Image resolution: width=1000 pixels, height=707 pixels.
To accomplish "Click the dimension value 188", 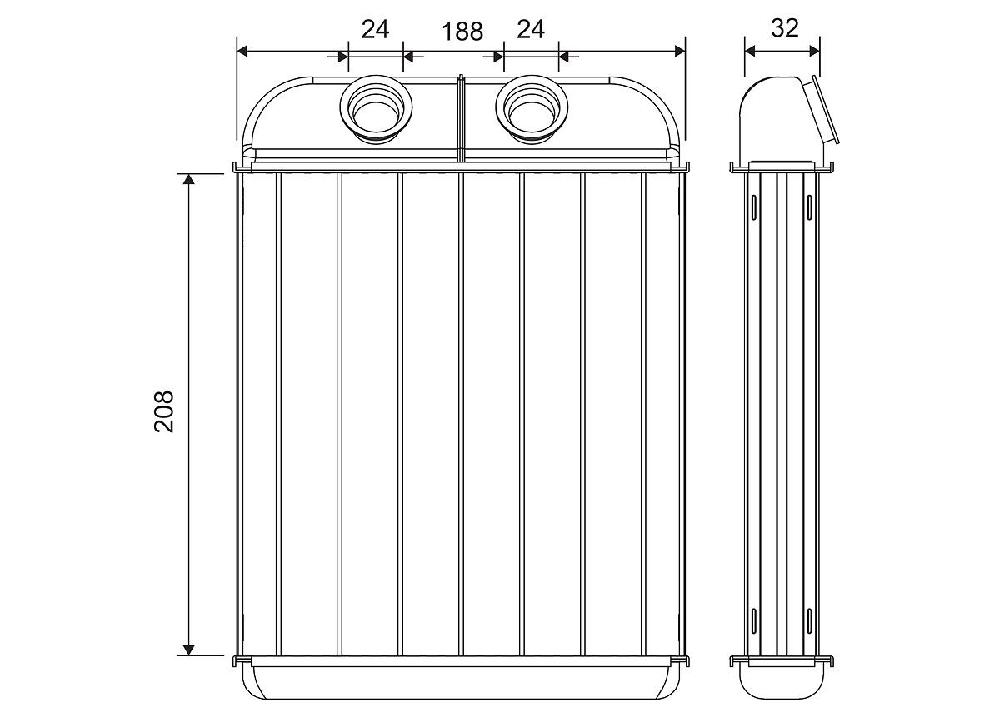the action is pyautogui.click(x=462, y=32).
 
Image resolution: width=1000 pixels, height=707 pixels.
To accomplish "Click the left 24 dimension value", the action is pyautogui.click(x=375, y=29).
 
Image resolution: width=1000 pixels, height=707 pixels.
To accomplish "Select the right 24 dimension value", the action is pyautogui.click(x=531, y=29).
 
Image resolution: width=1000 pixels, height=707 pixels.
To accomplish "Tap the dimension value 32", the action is pyautogui.click(x=784, y=28).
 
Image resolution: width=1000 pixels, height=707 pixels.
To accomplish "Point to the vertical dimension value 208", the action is pyautogui.click(x=163, y=411).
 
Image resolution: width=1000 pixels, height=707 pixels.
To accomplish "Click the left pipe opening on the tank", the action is pyautogui.click(x=376, y=109).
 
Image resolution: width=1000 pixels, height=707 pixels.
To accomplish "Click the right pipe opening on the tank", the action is pyautogui.click(x=532, y=109).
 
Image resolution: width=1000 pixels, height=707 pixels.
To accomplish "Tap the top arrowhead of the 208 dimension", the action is pyautogui.click(x=189, y=179).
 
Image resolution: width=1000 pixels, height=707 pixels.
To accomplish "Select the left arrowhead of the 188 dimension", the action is pyautogui.click(x=242, y=52).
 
